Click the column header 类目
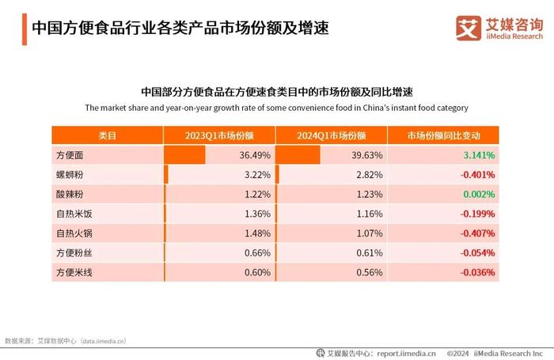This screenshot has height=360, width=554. (x=107, y=135)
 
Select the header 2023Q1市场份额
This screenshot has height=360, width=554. (x=218, y=135)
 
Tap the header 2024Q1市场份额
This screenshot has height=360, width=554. (x=331, y=135)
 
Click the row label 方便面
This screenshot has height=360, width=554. (x=70, y=155)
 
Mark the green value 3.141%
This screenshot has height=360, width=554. (x=478, y=155)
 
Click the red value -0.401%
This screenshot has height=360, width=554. (x=476, y=175)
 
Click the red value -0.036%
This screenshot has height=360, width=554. (x=476, y=272)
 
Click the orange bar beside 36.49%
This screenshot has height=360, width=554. (x=184, y=155)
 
